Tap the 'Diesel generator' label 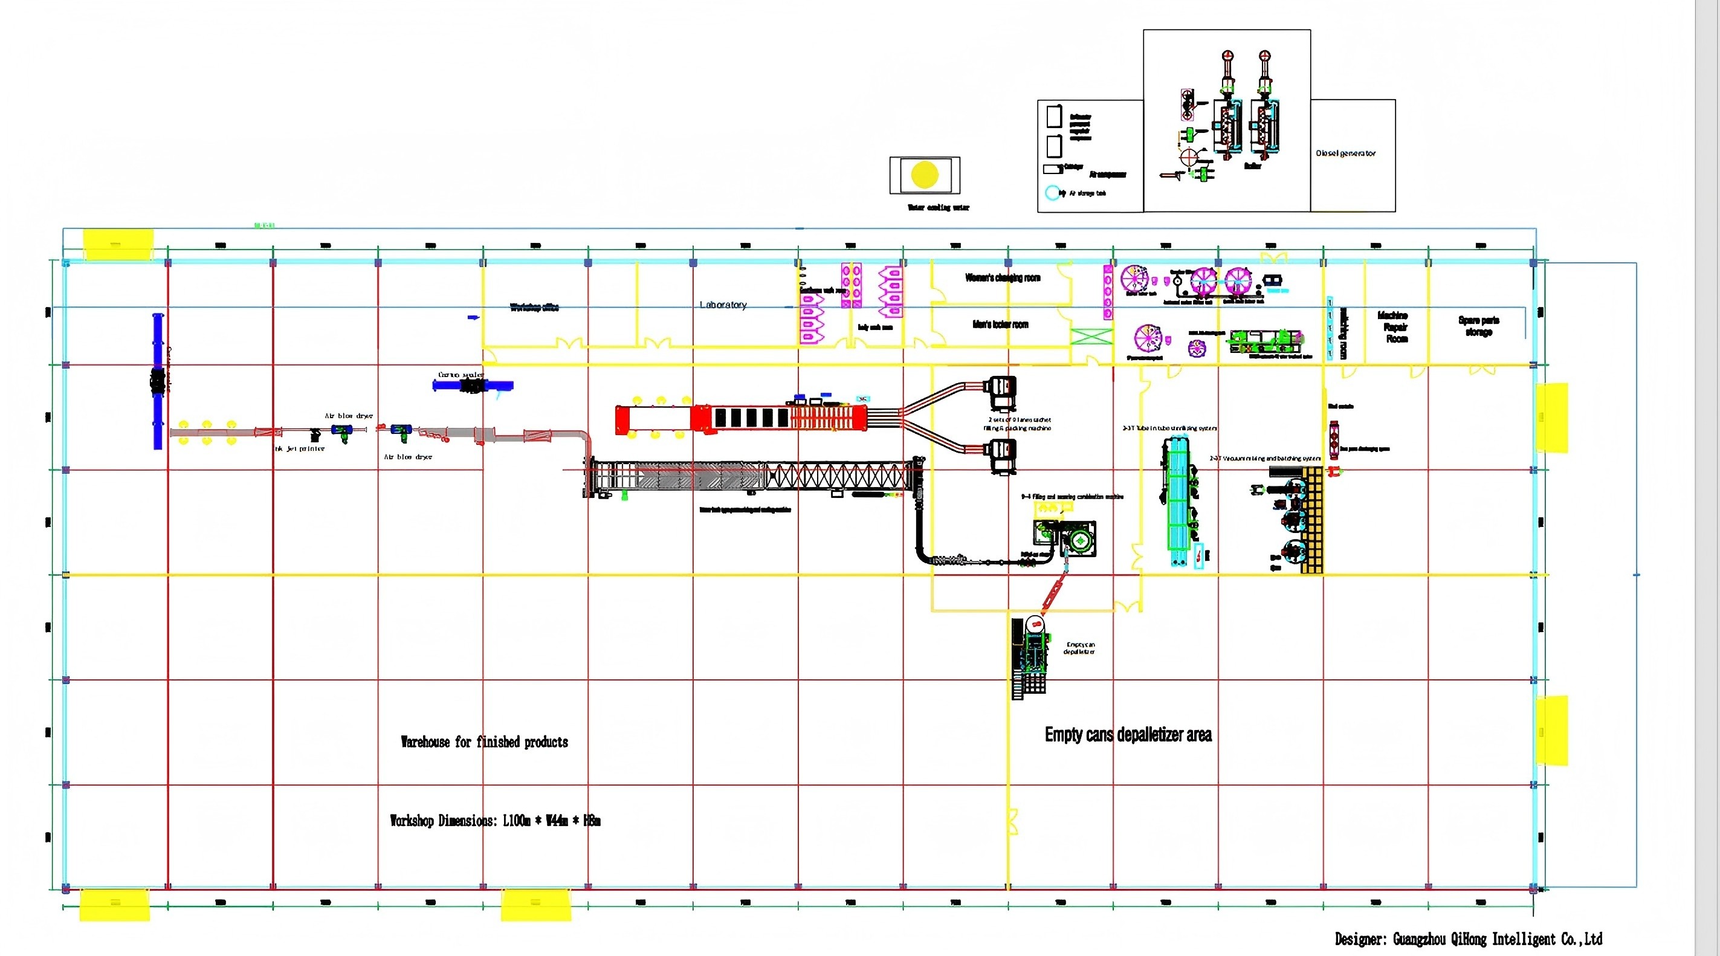click(x=1345, y=153)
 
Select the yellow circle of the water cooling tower click(x=925, y=175)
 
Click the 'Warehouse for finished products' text click(x=484, y=741)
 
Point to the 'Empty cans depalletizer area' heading click(x=1128, y=734)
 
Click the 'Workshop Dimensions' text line click(x=495, y=821)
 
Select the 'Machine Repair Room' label click(x=1393, y=327)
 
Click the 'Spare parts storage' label click(x=1478, y=326)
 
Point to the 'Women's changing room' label click(x=1002, y=278)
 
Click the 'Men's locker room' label click(x=1000, y=325)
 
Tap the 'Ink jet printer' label click(x=300, y=448)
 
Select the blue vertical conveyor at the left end click(x=158, y=381)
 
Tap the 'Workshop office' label click(x=534, y=307)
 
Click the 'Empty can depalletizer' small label click(x=1079, y=648)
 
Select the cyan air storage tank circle click(x=1052, y=193)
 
